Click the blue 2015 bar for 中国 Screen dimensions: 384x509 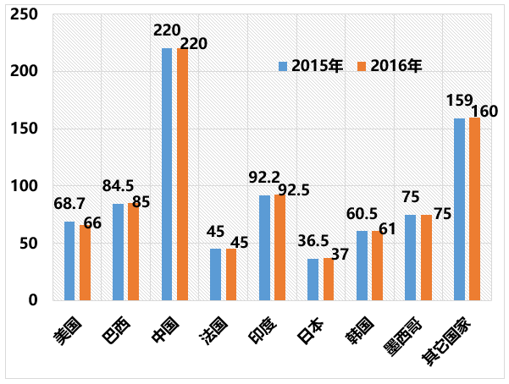coord(167,174)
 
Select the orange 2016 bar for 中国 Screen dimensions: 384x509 coord(182,174)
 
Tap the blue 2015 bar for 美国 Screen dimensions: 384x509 coord(69,261)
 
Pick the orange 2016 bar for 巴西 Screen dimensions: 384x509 coord(133,251)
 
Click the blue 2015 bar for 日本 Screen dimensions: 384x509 coord(313,279)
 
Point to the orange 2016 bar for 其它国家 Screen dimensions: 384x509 coord(474,209)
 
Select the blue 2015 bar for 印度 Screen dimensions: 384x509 coord(264,248)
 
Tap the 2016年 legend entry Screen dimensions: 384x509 coord(390,65)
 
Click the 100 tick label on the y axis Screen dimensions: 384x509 coord(25,186)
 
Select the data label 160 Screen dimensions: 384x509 coord(484,111)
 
